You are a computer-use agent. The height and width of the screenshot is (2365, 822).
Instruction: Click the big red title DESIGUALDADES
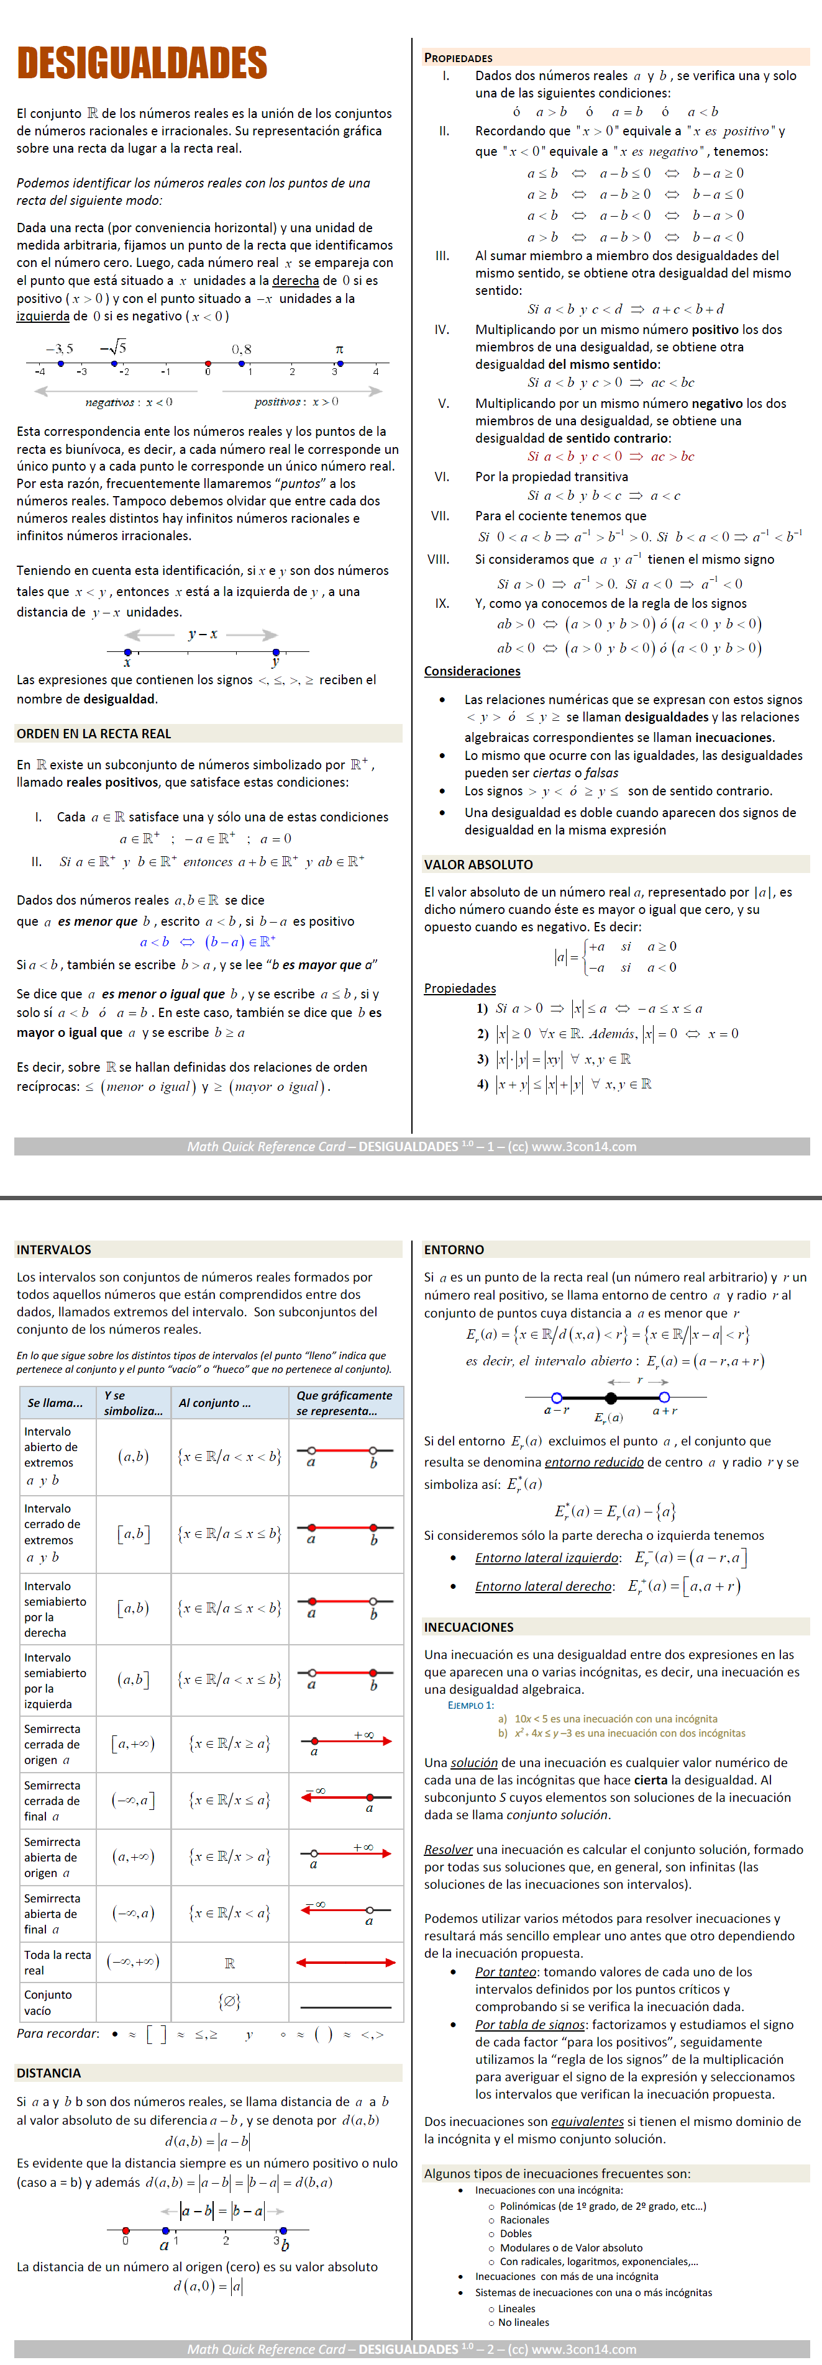click(x=142, y=63)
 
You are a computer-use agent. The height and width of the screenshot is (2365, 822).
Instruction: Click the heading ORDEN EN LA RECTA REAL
click(x=94, y=733)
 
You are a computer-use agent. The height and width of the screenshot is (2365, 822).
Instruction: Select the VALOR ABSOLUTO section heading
click(x=478, y=864)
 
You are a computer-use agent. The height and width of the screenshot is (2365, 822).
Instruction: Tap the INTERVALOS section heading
click(x=54, y=1249)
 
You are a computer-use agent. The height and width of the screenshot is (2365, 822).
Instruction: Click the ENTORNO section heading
click(x=454, y=1249)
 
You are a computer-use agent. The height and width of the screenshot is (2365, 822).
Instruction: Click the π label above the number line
click(x=339, y=349)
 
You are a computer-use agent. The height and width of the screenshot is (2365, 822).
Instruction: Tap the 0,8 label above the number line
click(x=242, y=349)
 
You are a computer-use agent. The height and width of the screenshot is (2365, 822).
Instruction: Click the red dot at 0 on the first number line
click(x=209, y=364)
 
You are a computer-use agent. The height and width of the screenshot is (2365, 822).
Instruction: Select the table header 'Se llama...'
click(x=55, y=1403)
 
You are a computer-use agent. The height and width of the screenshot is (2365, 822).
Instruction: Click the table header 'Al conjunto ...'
click(x=215, y=1403)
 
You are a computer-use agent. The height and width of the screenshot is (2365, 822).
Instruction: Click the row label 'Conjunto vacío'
click(x=48, y=2002)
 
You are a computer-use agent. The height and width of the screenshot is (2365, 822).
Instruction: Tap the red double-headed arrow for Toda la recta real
click(x=345, y=1963)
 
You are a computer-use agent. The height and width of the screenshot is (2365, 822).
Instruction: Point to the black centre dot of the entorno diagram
click(x=611, y=1398)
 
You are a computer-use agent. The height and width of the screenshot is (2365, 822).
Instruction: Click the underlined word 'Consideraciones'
click(x=472, y=671)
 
